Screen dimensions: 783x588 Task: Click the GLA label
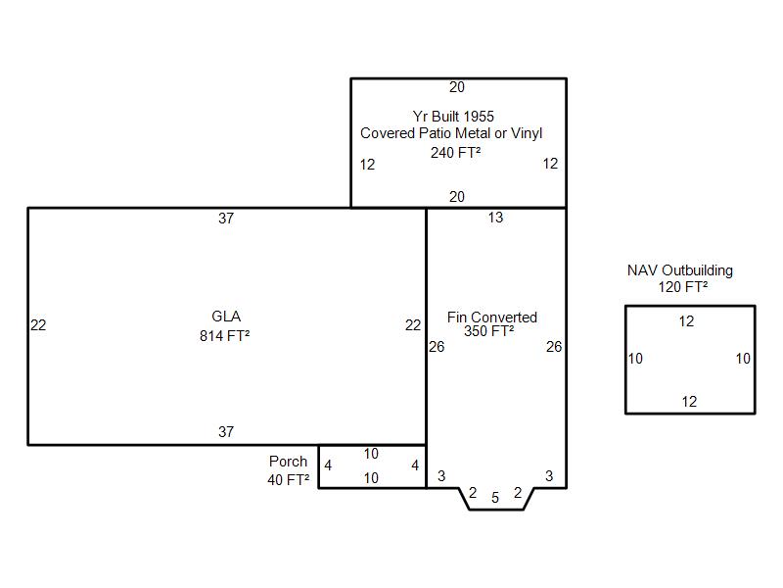tap(226, 317)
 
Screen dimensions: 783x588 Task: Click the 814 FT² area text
tap(225, 336)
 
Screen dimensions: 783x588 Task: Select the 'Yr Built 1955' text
tap(453, 117)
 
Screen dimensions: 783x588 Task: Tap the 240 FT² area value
tap(455, 152)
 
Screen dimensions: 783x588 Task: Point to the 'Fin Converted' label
tap(492, 317)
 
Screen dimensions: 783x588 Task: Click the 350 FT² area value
tap(488, 331)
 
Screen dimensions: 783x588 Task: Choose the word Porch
tap(288, 461)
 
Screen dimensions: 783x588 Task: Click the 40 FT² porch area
tap(288, 480)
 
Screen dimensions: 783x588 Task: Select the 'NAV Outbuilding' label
tap(680, 270)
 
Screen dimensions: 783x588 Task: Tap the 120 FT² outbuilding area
tap(682, 287)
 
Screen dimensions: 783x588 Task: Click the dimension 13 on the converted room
tap(495, 218)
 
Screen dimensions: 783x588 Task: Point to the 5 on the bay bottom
tap(495, 498)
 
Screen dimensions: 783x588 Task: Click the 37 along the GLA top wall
tap(226, 219)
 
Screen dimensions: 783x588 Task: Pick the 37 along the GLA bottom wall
tap(226, 432)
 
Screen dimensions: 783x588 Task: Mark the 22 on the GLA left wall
tap(38, 325)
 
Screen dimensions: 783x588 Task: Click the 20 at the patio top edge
tap(457, 87)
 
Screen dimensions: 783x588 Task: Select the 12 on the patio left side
tap(367, 165)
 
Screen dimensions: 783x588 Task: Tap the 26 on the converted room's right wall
tap(554, 347)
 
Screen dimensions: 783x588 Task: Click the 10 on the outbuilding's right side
tap(743, 359)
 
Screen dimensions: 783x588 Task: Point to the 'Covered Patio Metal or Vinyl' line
tap(451, 133)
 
